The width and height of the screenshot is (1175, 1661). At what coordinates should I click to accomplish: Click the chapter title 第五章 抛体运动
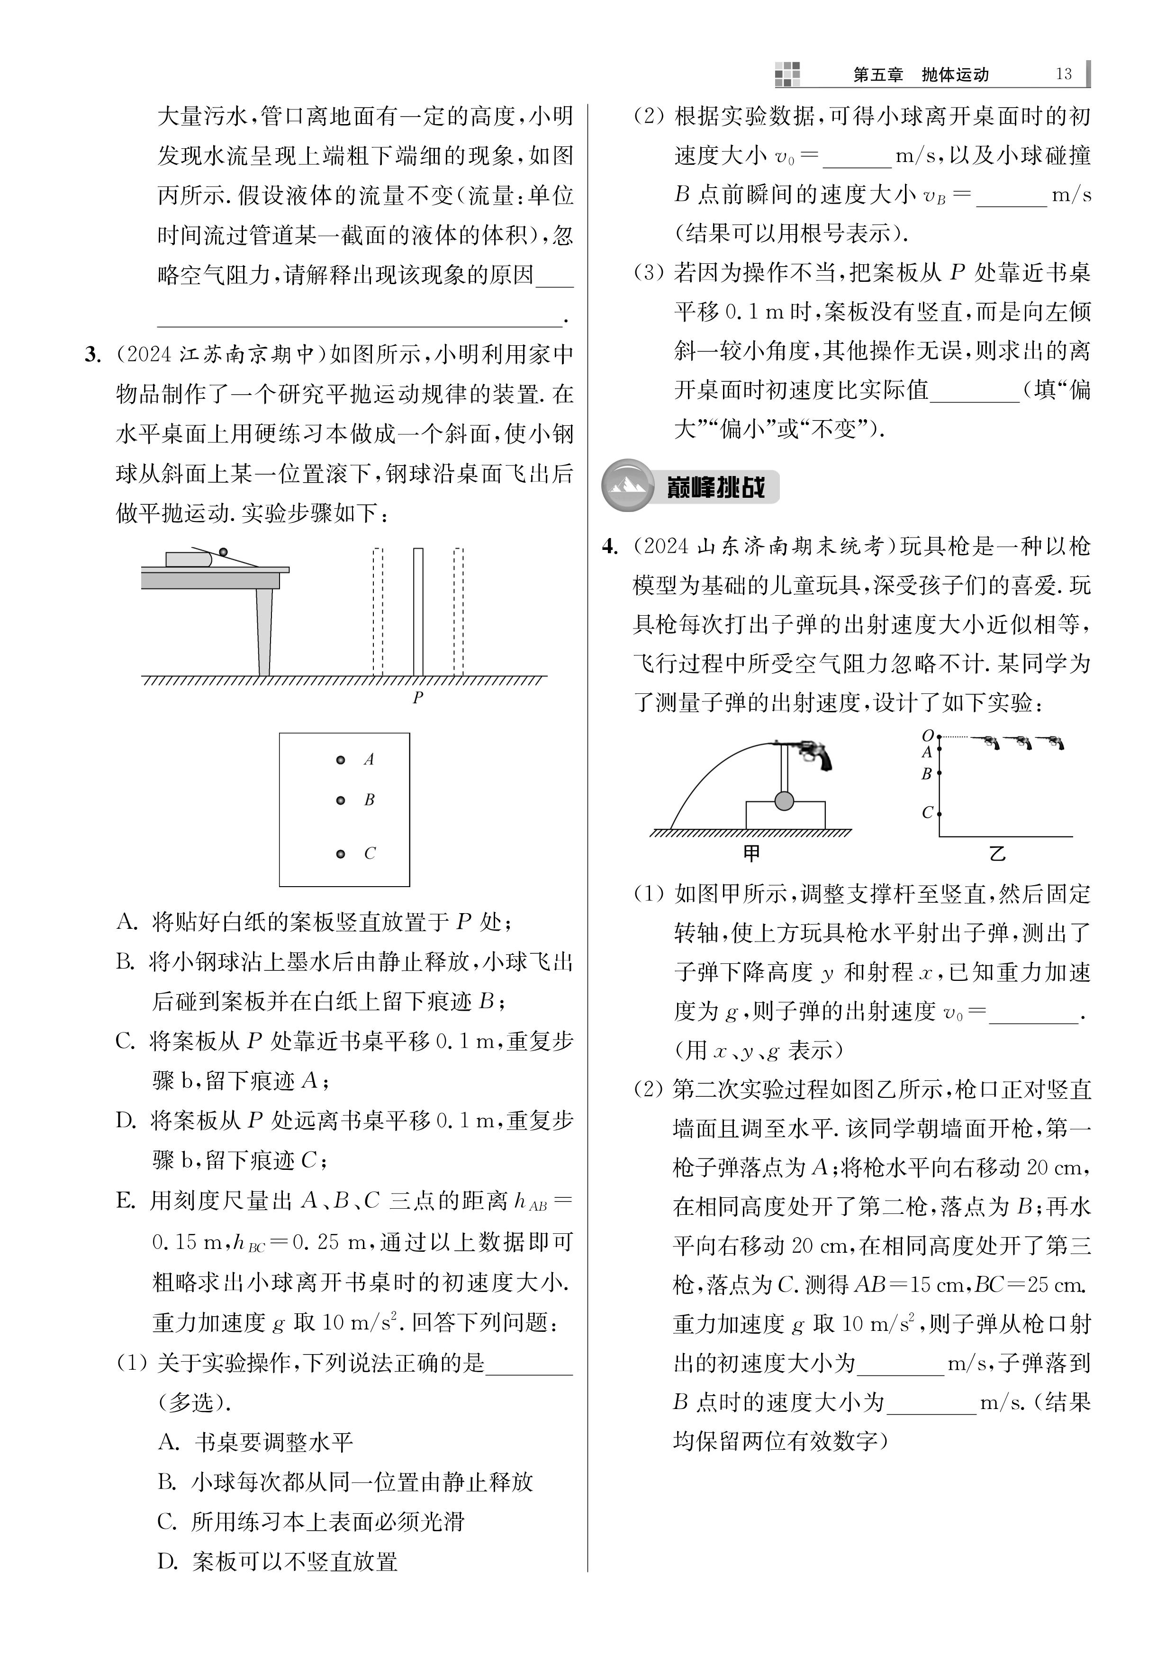(x=920, y=74)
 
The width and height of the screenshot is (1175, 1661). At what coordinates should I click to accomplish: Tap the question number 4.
(x=610, y=547)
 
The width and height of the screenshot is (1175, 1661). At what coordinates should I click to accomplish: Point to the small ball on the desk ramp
(x=224, y=553)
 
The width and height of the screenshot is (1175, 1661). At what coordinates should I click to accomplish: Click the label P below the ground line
(x=417, y=698)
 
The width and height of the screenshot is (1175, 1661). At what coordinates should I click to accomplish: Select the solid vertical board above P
(x=418, y=611)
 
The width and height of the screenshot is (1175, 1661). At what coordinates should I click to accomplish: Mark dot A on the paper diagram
(x=341, y=760)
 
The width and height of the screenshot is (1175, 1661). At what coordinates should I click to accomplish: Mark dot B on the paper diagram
(x=341, y=800)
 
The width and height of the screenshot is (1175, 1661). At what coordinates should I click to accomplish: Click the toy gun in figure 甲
(x=810, y=753)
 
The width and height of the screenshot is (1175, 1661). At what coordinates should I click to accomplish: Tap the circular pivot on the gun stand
(x=784, y=801)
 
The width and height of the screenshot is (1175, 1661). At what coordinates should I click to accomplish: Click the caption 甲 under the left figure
(x=752, y=853)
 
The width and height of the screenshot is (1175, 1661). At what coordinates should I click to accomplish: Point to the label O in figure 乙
(x=928, y=736)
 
